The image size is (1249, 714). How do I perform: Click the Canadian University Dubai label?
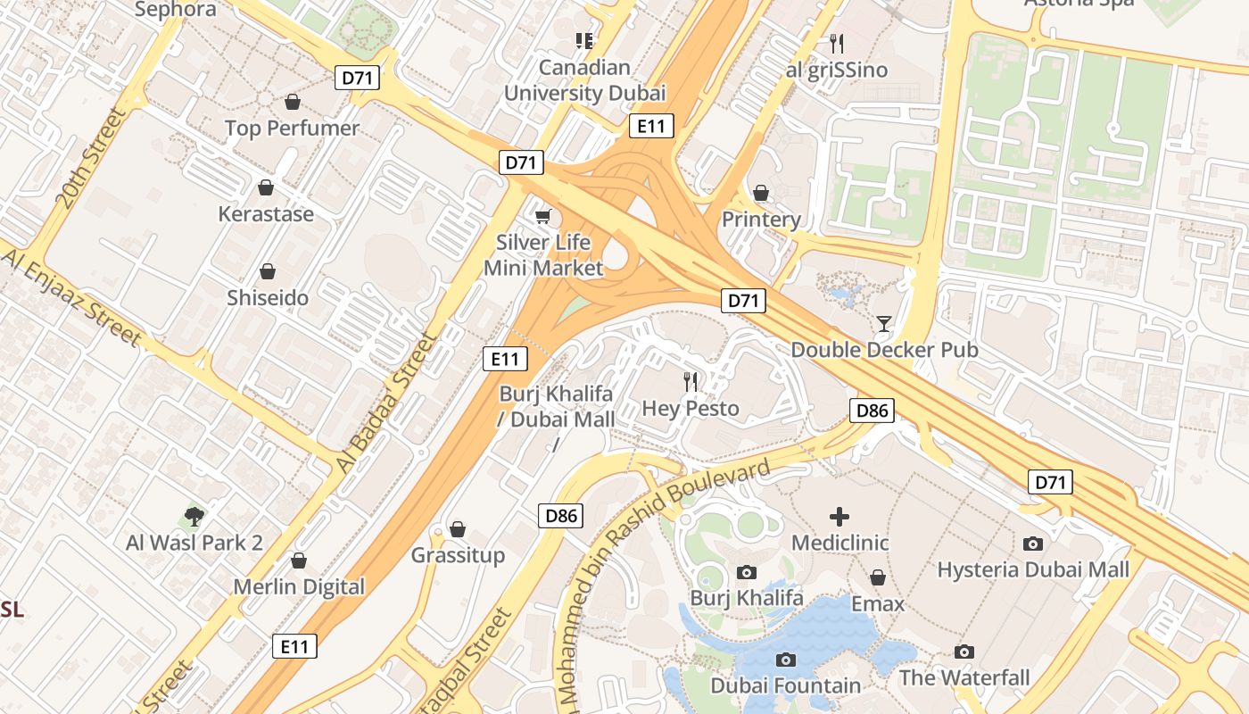coord(584,80)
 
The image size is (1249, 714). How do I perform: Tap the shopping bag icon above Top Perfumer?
coord(292,102)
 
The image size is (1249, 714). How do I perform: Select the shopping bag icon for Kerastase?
coord(265,187)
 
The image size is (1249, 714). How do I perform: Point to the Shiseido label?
coord(268,297)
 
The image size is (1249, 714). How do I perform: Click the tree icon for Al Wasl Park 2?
coord(194,516)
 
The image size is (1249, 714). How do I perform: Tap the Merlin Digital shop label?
coord(299,586)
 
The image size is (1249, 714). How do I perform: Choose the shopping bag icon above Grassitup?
coord(458,529)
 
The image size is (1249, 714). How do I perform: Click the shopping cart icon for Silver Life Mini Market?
coord(542,216)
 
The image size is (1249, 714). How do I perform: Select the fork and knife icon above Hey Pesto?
coord(691,382)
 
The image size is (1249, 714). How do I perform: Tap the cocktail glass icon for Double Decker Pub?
coord(884,323)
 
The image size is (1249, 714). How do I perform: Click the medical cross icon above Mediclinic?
coord(840,517)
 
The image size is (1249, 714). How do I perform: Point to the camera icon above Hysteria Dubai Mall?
coord(1033,544)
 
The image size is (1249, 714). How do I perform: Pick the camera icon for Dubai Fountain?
coord(785,660)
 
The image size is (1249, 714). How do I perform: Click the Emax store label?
coord(878,604)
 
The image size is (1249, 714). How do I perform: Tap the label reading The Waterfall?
coord(964,677)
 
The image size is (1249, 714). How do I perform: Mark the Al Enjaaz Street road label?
coord(71,298)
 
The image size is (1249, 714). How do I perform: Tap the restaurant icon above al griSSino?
coord(836,43)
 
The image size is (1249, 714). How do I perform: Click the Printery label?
coord(761,220)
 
